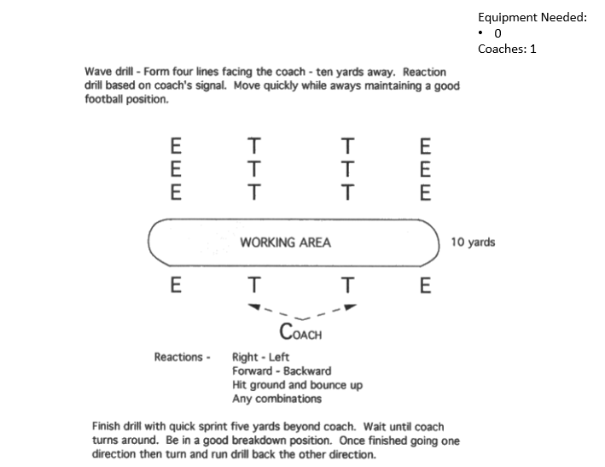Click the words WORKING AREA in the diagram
click(x=285, y=242)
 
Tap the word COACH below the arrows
click(x=300, y=332)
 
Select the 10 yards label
click(x=473, y=242)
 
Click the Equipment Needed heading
click(x=532, y=17)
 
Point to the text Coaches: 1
click(x=507, y=49)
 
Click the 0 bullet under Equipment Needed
click(x=497, y=33)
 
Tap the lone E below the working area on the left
click(x=176, y=285)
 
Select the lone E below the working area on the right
click(x=426, y=285)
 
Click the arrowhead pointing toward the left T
click(x=253, y=306)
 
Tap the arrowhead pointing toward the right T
click(x=351, y=306)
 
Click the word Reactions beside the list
click(x=177, y=357)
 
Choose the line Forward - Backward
click(x=281, y=371)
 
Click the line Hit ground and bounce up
click(x=297, y=385)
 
